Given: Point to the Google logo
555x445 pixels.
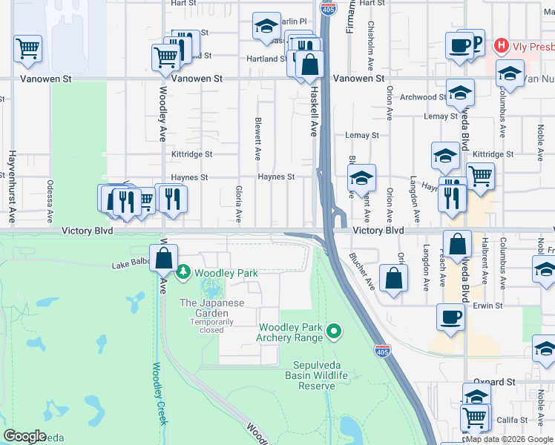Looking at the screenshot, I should (24, 436).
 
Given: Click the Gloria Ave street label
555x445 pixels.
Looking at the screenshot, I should (239, 204).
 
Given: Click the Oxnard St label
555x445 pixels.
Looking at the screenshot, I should (495, 382).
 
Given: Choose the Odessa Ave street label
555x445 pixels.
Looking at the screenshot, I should (50, 201).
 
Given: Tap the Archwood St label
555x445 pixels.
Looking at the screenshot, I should (423, 97).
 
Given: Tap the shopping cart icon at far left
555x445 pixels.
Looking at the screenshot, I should (27, 49).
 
